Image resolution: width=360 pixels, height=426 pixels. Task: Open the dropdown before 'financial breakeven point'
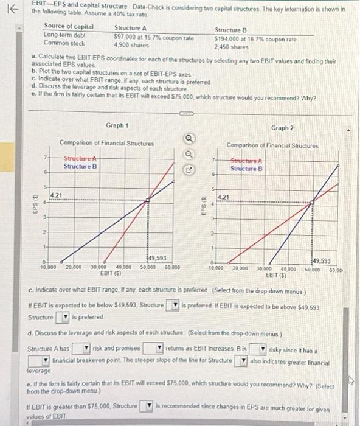click(39, 361)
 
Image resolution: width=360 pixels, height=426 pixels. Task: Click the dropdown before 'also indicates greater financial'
click(241, 361)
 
